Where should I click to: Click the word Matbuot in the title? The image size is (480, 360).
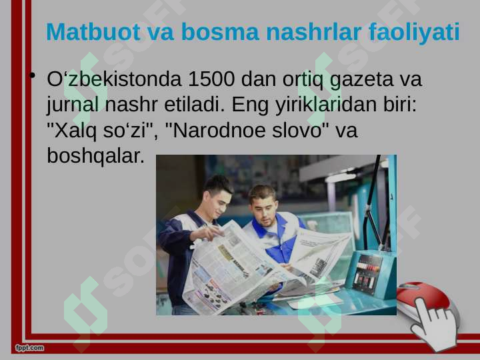click(x=93, y=31)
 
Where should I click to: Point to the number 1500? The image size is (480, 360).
click(x=211, y=79)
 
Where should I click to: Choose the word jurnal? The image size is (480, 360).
click(x=73, y=105)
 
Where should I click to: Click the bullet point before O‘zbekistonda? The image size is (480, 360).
click(x=33, y=75)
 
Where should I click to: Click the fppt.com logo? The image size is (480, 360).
click(x=30, y=348)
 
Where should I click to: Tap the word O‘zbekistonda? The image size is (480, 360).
click(x=114, y=79)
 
